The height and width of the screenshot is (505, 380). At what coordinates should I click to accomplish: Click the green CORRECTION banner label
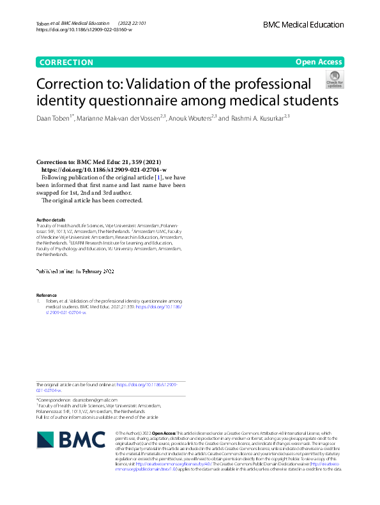66,62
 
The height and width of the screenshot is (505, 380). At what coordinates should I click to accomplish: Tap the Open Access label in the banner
319,62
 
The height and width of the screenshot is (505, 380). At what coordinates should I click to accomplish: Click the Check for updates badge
335,80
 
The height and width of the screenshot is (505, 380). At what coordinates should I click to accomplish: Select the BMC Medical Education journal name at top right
303,25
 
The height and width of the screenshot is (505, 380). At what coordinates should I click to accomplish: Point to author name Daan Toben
56,118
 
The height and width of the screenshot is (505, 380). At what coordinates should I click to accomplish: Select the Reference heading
47,295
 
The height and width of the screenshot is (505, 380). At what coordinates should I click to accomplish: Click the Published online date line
75,271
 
